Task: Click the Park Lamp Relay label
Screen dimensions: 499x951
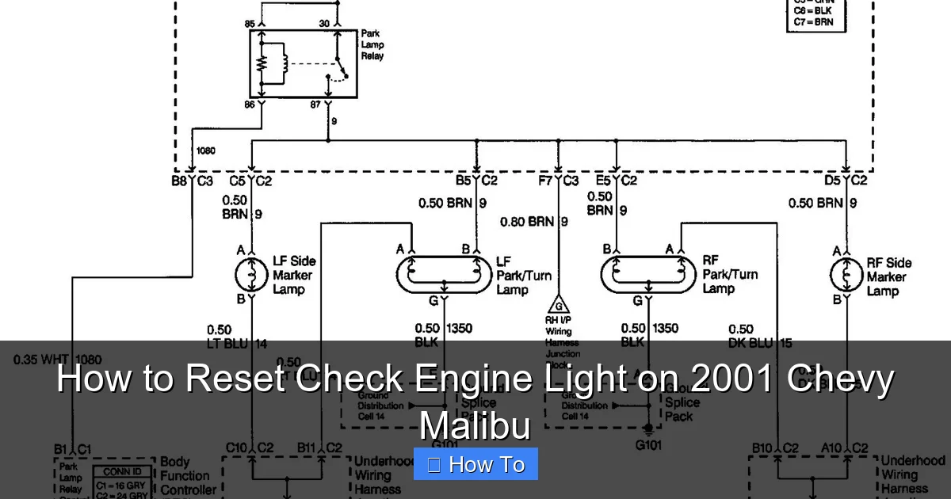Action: (372, 45)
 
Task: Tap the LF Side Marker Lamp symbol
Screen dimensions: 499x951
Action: (251, 275)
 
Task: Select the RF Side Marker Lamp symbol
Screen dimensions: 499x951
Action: (846, 275)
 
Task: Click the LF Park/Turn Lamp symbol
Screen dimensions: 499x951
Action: (444, 274)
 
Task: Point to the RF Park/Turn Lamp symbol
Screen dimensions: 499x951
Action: (649, 274)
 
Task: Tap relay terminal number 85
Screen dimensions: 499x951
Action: (250, 25)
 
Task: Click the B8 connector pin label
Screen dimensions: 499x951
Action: (180, 181)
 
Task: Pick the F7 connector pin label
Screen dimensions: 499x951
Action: (545, 181)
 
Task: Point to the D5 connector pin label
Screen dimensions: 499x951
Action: (832, 181)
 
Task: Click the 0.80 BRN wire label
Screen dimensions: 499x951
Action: (527, 222)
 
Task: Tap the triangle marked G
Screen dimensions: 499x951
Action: (559, 305)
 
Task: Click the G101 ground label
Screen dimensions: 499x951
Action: (649, 444)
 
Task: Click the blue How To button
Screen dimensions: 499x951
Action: (475, 464)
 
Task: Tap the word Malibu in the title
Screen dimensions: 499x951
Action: (474, 425)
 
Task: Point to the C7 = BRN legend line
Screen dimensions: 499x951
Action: (813, 21)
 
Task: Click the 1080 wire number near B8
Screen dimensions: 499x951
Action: (204, 150)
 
